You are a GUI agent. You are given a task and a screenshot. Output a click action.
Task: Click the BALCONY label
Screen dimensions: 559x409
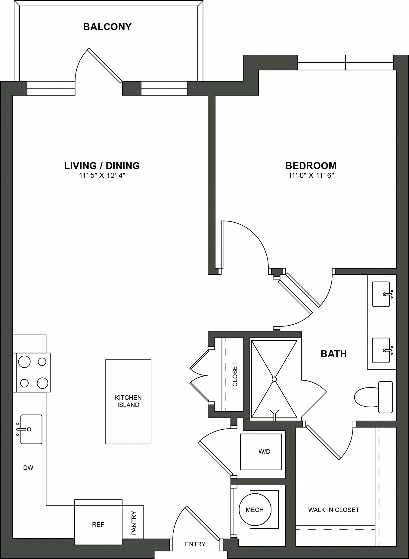point(107,27)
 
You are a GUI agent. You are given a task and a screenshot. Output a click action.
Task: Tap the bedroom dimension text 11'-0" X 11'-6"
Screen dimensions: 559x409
point(311,175)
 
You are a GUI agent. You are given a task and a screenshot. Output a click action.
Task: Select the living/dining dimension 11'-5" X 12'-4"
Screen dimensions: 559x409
point(102,175)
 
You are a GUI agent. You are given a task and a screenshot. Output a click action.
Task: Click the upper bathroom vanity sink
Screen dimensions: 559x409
point(381,294)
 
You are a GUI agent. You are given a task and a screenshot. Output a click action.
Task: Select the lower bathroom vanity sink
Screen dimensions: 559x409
point(381,351)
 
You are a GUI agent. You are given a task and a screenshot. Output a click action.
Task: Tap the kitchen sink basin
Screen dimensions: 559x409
point(31,429)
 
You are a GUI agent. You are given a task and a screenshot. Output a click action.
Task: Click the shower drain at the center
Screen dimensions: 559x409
point(274,379)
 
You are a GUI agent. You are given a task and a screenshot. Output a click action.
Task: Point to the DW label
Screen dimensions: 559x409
point(28,468)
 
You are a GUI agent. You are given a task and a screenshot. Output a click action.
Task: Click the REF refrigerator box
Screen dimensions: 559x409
point(98,525)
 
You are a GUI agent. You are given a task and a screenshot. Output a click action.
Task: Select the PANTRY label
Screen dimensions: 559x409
point(134,523)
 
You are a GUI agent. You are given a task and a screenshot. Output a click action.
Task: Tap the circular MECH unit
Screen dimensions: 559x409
point(255,510)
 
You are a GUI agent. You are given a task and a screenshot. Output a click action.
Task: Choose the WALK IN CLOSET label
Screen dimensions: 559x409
point(333,510)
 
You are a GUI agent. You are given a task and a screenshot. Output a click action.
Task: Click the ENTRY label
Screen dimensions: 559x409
point(195,544)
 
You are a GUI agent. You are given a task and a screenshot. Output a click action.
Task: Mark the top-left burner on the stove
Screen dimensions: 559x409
point(24,362)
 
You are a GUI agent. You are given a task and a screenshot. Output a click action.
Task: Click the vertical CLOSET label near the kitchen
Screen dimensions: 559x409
point(235,374)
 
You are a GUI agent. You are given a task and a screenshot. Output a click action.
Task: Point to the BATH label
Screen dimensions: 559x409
point(333,354)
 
